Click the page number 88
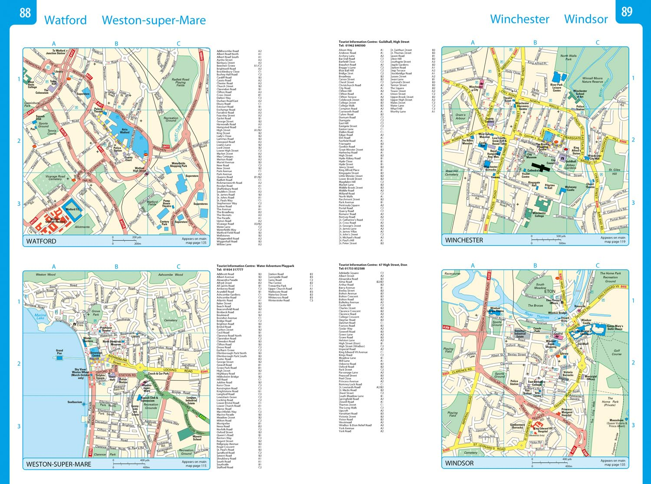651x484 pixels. pos(25,13)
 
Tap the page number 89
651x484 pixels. pos(626,12)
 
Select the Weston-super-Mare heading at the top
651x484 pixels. pos(154,20)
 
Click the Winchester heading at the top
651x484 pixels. pos(519,20)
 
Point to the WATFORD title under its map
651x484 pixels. pos(41,241)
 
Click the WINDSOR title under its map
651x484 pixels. pos(459,463)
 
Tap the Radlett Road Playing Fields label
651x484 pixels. pos(180,82)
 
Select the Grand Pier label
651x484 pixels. pos(59,352)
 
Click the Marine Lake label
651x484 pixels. pos(40,317)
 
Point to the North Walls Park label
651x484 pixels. pos(568,57)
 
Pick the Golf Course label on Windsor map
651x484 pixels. pos(617,352)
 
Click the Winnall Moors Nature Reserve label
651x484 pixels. pos(592,80)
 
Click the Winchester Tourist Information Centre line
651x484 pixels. pos(374,42)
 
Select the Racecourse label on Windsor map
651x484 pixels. pos(453,274)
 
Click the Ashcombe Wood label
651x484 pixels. pos(171,275)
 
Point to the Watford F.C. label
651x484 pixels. pos(73,209)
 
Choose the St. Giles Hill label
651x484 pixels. pos(614,172)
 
